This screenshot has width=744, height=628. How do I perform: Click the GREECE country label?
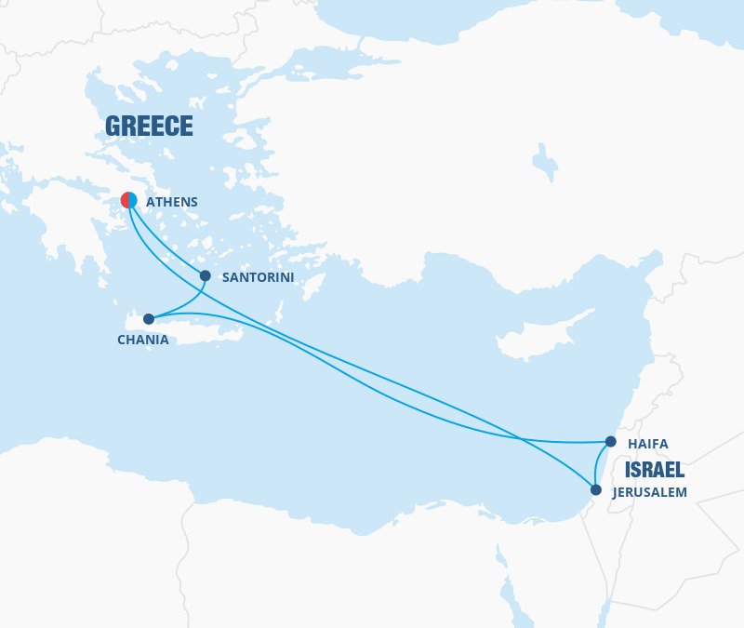[x=149, y=127]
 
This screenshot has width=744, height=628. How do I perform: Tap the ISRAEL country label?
[x=655, y=469]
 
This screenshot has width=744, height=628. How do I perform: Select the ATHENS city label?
[x=172, y=201]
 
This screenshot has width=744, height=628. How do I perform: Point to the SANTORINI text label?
[x=258, y=277]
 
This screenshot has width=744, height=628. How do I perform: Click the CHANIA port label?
[x=143, y=340]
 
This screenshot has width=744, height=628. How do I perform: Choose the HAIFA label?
[x=648, y=444]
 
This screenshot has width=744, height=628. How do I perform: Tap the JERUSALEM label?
[x=649, y=492]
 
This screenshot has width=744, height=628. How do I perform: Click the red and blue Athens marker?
[x=129, y=200]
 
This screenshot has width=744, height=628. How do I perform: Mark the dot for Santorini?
[x=206, y=275]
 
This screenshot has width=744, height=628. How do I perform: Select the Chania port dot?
[x=149, y=319]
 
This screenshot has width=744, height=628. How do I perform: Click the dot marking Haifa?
[x=610, y=442]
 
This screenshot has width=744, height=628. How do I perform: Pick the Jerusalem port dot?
[x=595, y=488]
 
